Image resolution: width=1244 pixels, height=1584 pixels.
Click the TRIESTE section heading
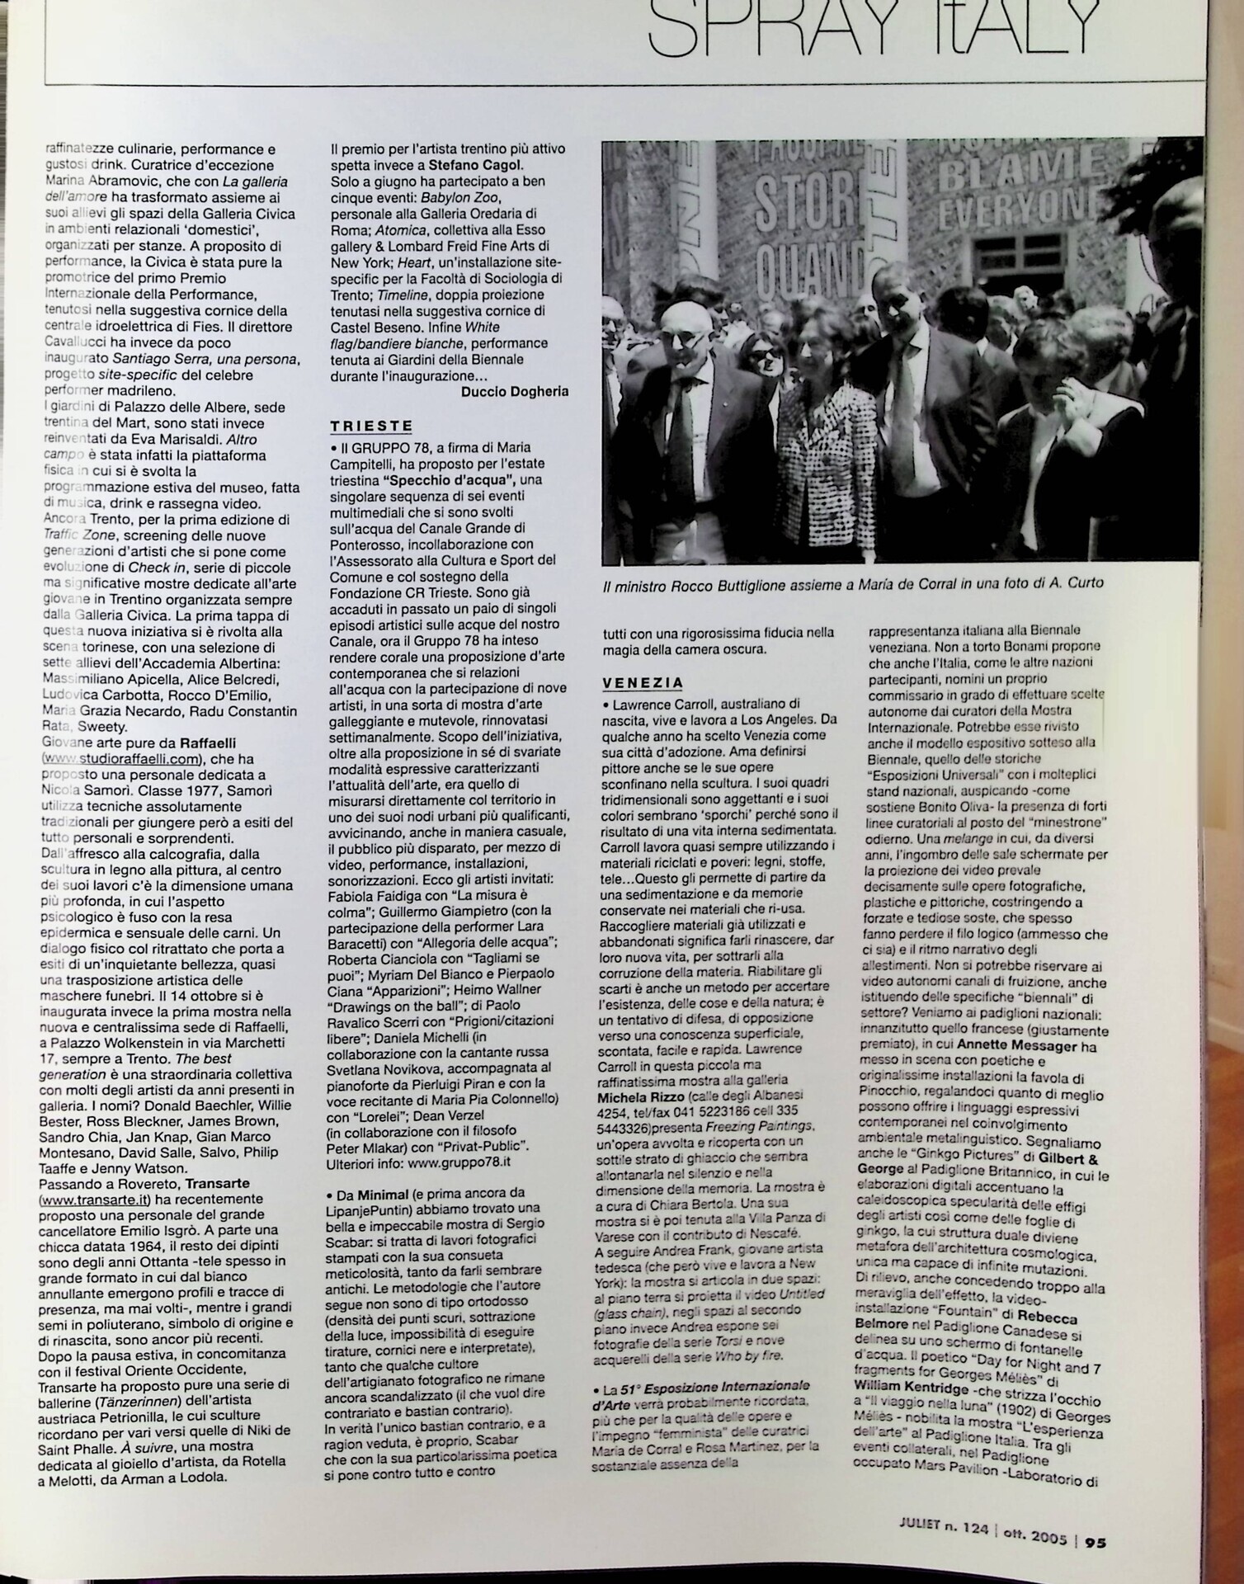point(371,427)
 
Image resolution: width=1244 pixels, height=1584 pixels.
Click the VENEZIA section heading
point(643,683)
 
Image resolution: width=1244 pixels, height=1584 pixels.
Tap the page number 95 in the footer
point(1096,1540)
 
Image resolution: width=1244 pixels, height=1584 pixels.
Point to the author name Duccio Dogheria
point(515,391)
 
